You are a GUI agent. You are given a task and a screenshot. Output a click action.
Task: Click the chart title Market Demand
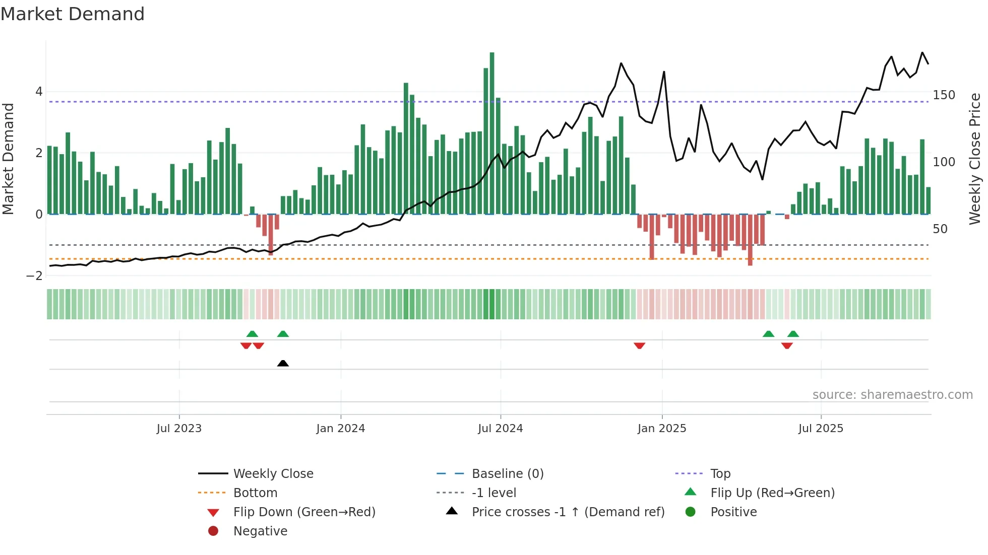(x=73, y=14)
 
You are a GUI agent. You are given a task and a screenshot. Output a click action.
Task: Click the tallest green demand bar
(x=492, y=133)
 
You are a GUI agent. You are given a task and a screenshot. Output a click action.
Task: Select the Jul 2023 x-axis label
(x=179, y=429)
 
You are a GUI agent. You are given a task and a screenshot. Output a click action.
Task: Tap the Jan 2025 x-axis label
(x=661, y=429)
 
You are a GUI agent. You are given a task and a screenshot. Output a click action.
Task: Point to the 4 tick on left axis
(x=39, y=92)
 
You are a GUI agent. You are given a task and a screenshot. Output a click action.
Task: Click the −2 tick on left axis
(x=35, y=275)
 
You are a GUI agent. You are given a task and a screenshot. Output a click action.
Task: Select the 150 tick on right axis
(x=944, y=95)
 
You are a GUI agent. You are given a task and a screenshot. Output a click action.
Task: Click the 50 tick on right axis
(x=940, y=229)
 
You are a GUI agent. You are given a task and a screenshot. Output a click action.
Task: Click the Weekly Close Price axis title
(x=975, y=159)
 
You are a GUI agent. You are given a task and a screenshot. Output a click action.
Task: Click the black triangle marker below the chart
(x=283, y=363)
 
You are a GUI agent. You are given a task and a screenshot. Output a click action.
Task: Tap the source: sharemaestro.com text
(x=892, y=395)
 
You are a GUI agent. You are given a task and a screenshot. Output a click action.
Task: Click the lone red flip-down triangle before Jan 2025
(x=639, y=345)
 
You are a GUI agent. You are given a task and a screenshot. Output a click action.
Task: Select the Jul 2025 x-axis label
(x=821, y=429)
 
